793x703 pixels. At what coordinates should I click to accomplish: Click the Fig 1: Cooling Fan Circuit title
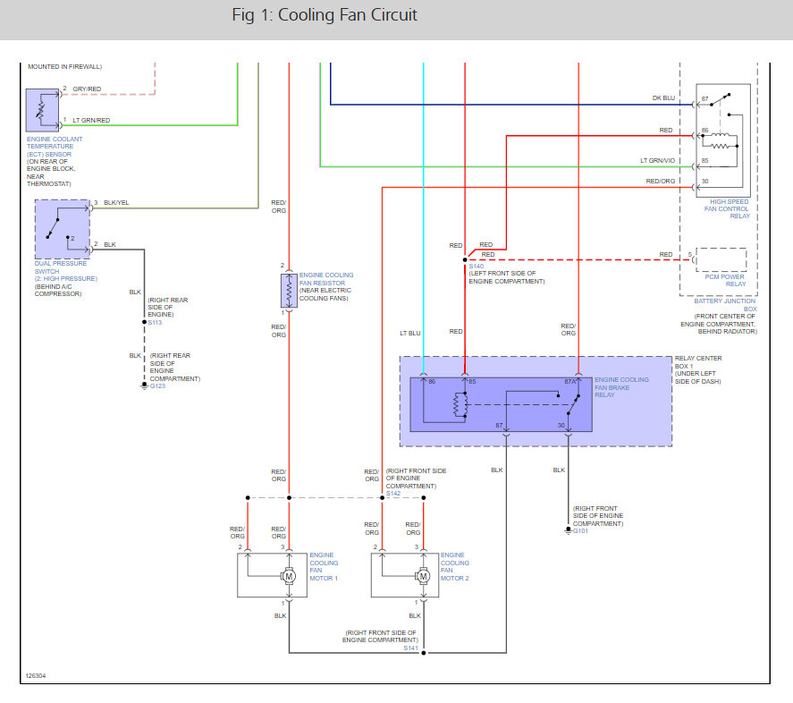(325, 15)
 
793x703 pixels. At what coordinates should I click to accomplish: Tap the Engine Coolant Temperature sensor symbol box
(43, 110)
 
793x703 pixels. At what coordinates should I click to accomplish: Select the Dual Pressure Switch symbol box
(63, 229)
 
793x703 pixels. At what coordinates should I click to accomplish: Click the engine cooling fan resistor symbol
(289, 291)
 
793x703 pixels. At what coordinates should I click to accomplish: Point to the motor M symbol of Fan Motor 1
(289, 577)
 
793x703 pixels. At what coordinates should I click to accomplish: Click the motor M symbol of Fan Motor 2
(423, 577)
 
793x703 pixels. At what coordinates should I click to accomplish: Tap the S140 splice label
(476, 267)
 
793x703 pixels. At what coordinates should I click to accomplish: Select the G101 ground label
(580, 531)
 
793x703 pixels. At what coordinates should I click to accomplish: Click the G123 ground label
(157, 386)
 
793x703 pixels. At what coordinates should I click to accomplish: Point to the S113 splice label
(155, 322)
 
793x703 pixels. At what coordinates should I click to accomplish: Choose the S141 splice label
(410, 648)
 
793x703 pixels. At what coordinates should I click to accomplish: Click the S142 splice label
(393, 494)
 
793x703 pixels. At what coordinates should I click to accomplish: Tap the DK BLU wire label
(663, 98)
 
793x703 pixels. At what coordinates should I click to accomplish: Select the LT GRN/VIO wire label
(657, 161)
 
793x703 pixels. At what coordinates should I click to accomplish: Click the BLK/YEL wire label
(116, 203)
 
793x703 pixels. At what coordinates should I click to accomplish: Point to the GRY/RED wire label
(87, 89)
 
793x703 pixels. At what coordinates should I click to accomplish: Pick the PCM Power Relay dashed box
(721, 259)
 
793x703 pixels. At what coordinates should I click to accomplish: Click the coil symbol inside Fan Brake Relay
(460, 404)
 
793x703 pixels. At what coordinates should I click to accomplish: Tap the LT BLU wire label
(410, 334)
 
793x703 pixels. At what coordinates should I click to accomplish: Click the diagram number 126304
(36, 676)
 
